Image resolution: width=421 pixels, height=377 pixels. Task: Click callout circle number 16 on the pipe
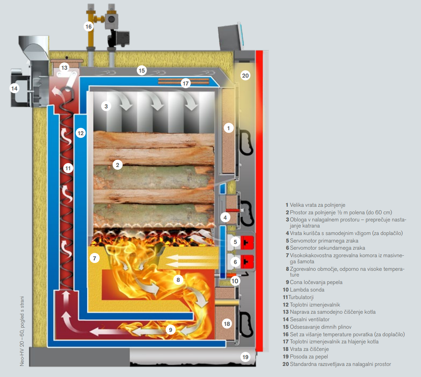(88, 26)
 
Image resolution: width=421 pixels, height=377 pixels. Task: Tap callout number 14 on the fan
(14, 88)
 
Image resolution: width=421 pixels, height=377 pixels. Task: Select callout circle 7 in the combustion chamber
(94, 258)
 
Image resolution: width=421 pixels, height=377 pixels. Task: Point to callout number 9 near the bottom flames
(171, 330)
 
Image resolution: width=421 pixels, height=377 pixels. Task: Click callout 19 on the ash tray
(245, 357)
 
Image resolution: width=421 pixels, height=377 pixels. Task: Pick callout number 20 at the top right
(245, 75)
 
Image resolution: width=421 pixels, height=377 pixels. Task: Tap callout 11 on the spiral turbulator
(68, 168)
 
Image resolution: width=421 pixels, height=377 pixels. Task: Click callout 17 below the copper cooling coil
(185, 83)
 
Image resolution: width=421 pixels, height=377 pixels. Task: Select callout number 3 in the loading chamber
(106, 106)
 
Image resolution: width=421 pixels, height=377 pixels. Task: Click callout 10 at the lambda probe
(235, 281)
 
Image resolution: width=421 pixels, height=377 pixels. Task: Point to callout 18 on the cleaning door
(227, 324)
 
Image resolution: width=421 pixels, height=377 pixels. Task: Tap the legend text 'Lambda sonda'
(307, 290)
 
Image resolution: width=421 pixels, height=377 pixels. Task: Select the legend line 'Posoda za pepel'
(309, 357)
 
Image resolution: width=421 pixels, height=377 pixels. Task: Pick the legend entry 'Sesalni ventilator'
(309, 319)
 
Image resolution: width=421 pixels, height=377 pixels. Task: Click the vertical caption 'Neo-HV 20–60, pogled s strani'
(22, 331)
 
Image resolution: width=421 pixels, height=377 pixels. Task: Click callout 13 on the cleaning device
(64, 68)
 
